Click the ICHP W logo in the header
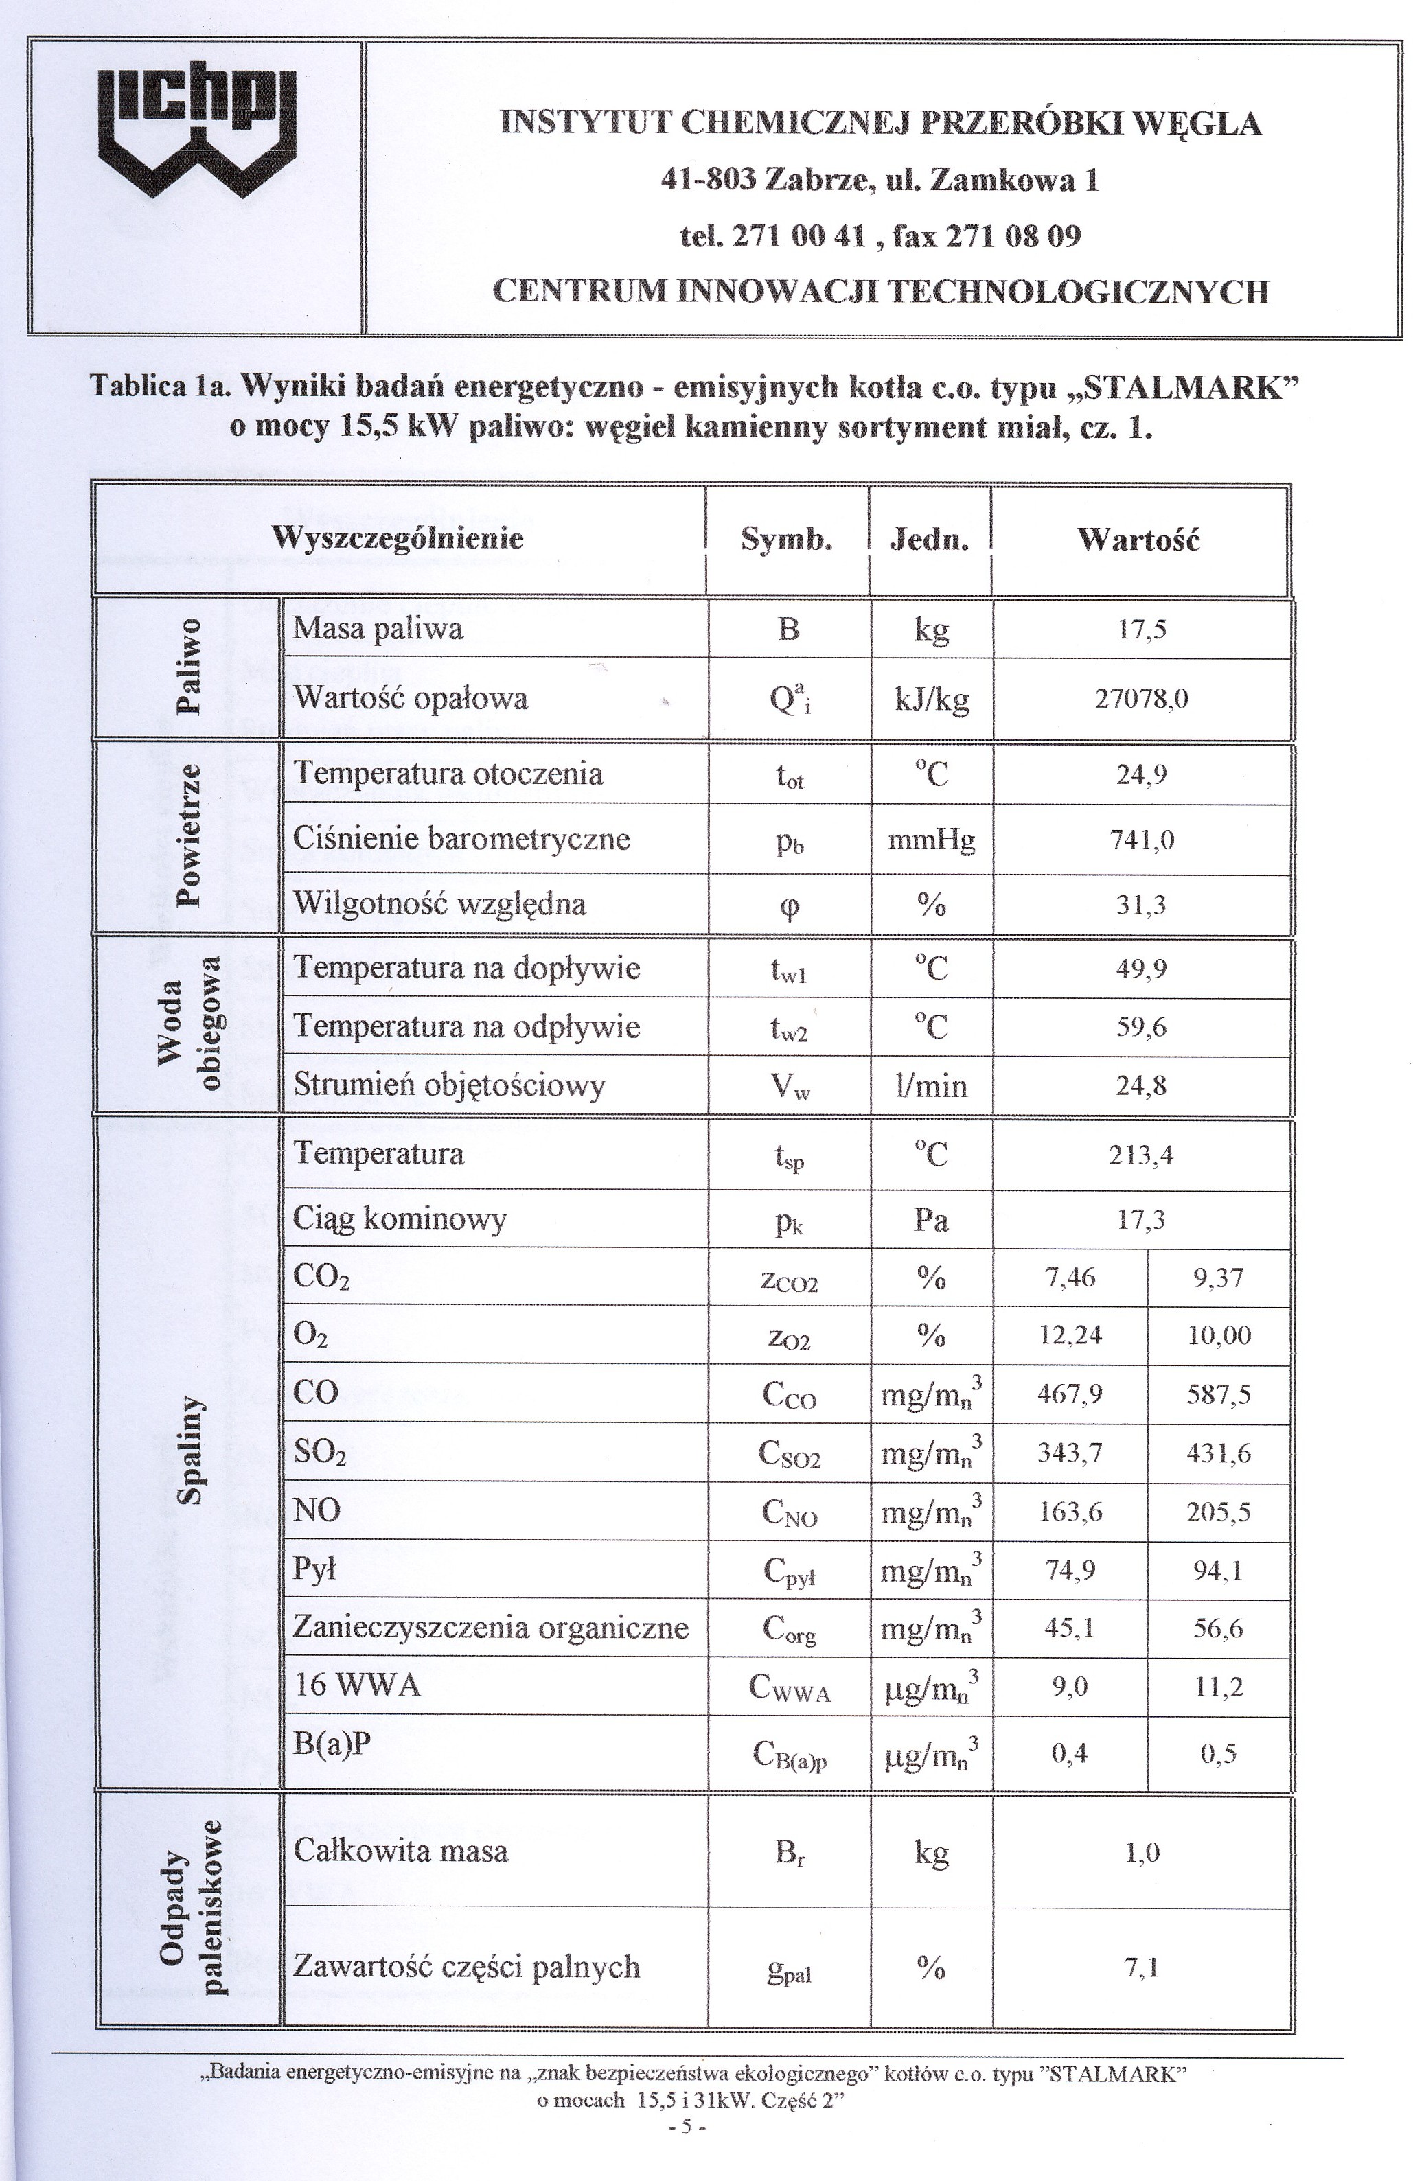pos(197,131)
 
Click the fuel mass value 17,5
pos(1142,630)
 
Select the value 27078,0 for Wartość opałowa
pos(1142,700)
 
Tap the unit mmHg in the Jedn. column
pos(931,840)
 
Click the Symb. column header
pos(787,539)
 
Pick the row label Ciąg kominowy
pos(400,1219)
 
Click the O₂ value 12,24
pos(1070,1335)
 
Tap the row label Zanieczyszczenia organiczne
pos(490,1628)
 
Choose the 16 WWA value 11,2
pos(1218,1686)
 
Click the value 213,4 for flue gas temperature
pos(1141,1155)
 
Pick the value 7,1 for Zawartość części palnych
pos(1142,1967)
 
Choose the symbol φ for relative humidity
pos(788,905)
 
